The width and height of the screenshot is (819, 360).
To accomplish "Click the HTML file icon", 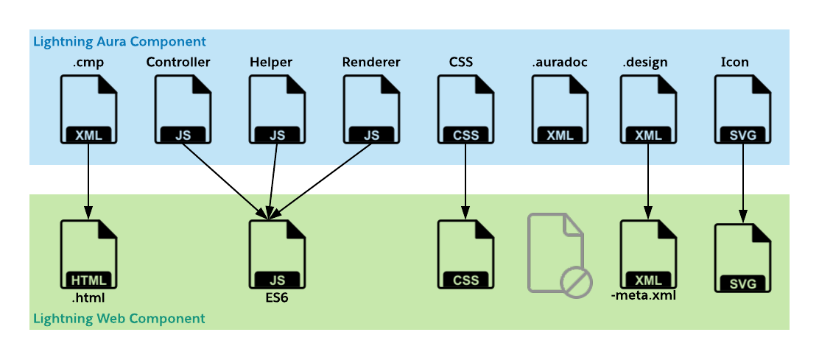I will click(88, 253).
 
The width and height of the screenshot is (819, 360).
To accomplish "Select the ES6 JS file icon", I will click(277, 253).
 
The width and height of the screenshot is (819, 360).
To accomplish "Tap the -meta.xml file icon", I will click(648, 253).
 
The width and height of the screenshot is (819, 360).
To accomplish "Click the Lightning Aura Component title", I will click(119, 41).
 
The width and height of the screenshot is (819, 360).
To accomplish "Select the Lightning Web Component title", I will click(119, 319).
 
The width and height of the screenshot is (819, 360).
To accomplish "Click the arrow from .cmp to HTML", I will click(88, 180).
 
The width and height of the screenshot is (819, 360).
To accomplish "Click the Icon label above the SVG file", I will click(735, 62).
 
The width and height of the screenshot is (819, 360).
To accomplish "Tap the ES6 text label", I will click(277, 299).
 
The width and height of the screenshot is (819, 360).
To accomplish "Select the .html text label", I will click(88, 298).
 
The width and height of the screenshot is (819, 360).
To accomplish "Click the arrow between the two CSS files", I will click(465, 180).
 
